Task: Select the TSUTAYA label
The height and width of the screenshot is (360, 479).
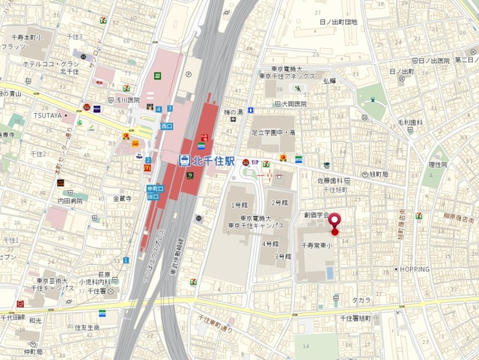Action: click(x=46, y=116)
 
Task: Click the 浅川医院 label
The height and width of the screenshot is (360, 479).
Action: click(x=126, y=100)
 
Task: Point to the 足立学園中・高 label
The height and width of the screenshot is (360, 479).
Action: click(x=272, y=132)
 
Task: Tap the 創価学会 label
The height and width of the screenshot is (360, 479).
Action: click(x=316, y=214)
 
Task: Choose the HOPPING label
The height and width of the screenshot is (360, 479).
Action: click(x=415, y=269)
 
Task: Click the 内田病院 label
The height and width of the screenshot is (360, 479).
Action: click(x=70, y=201)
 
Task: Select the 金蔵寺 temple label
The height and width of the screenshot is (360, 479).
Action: click(x=122, y=198)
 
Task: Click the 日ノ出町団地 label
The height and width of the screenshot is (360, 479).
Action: click(x=338, y=22)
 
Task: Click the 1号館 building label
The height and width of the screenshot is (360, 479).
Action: click(x=237, y=204)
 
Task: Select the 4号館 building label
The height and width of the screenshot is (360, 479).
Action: click(x=270, y=243)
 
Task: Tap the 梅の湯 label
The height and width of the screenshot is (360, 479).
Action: click(x=234, y=112)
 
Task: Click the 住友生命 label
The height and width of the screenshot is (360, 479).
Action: click(x=87, y=327)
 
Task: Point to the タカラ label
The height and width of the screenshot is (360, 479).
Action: click(x=361, y=299)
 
